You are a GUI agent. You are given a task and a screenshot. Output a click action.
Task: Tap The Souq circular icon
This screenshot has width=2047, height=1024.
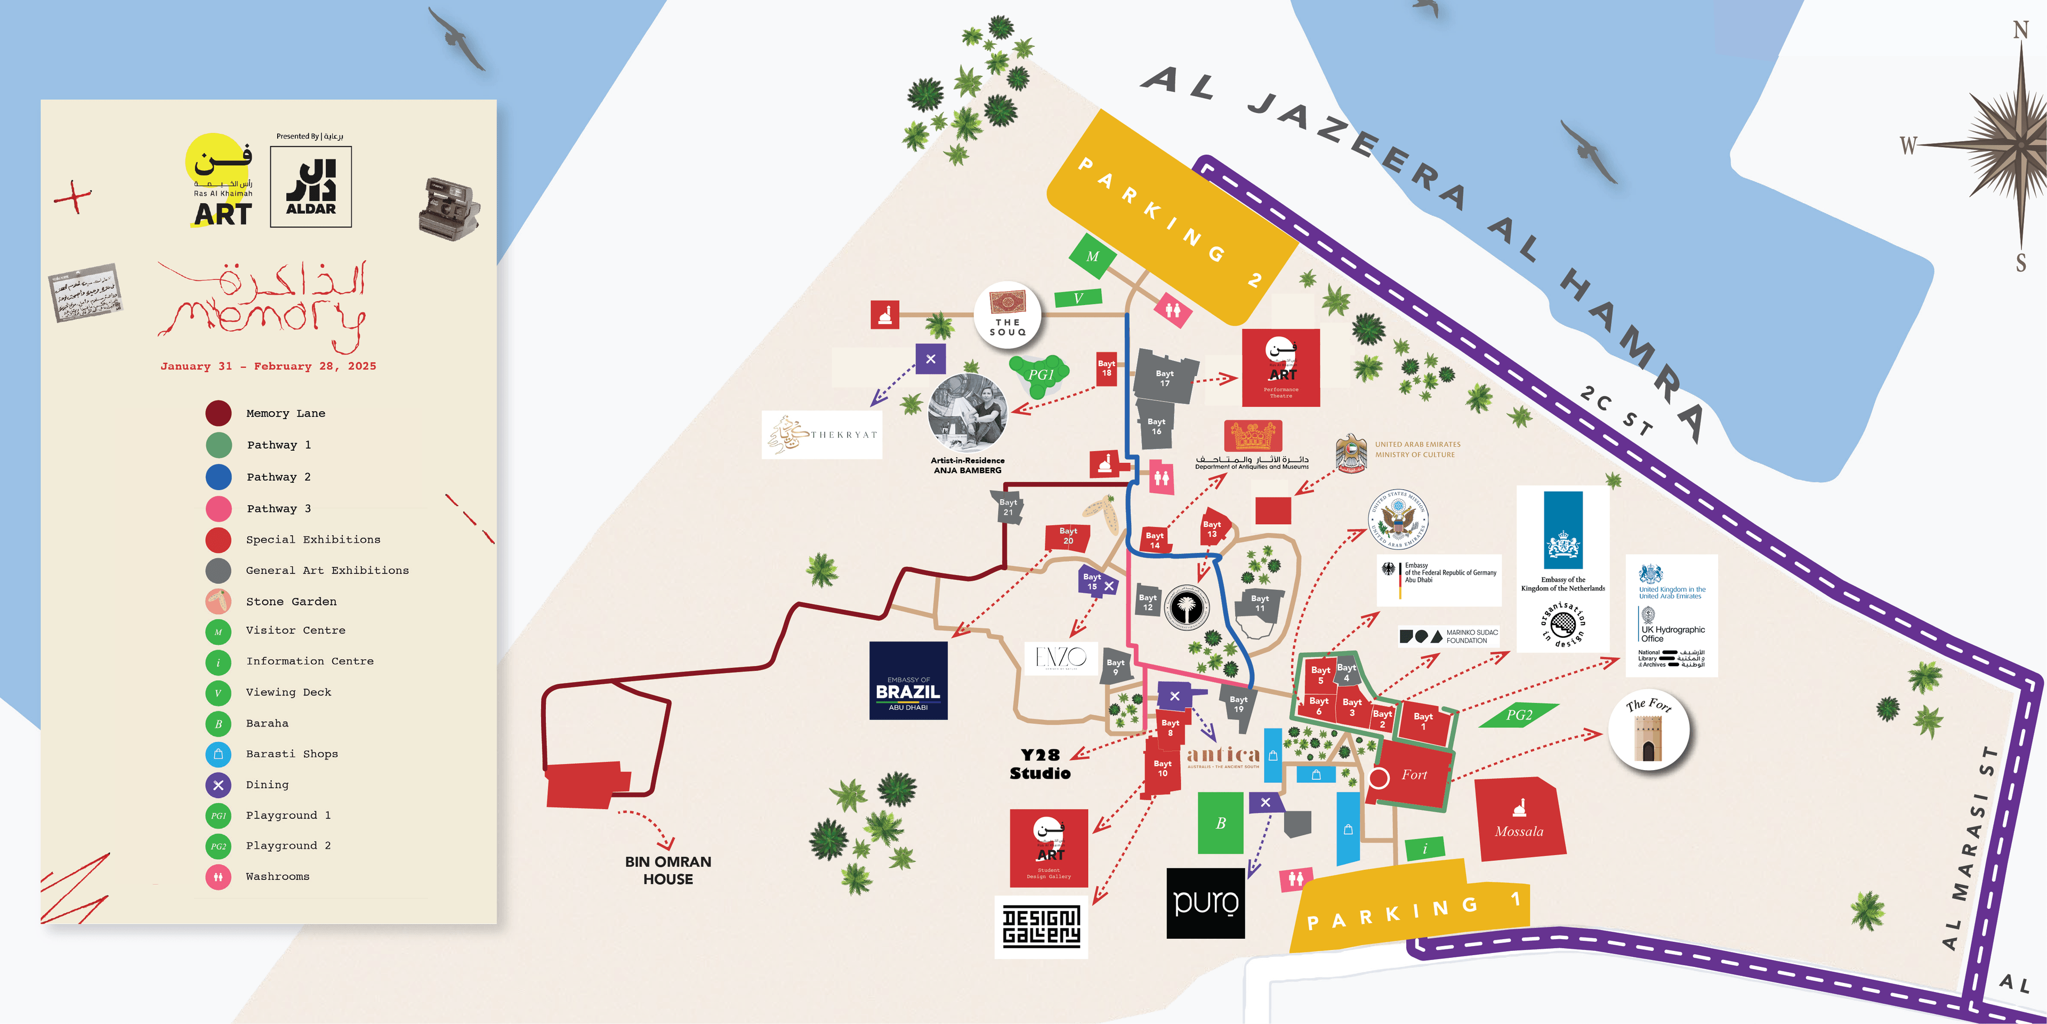pyautogui.click(x=1008, y=315)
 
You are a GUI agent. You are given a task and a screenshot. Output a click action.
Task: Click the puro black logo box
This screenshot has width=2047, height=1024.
pyautogui.click(x=1205, y=903)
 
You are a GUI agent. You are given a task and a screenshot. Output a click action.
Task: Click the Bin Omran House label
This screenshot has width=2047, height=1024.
pyautogui.click(x=667, y=870)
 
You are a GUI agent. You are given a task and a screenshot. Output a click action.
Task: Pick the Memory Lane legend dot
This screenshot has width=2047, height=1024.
pyautogui.click(x=219, y=413)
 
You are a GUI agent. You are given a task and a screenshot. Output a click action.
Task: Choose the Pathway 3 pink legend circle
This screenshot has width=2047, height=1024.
pyautogui.click(x=219, y=509)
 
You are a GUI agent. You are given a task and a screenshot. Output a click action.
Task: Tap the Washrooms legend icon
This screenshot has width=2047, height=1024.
pyautogui.click(x=219, y=877)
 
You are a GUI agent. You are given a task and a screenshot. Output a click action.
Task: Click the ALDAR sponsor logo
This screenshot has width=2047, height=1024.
pyautogui.click(x=311, y=187)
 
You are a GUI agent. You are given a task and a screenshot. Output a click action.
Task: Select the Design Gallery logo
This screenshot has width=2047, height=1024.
pyautogui.click(x=1041, y=926)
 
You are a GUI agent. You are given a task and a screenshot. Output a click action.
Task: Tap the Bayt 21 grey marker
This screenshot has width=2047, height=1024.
pyautogui.click(x=1008, y=507)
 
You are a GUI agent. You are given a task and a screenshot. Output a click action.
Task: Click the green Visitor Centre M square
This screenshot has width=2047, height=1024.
pyautogui.click(x=1093, y=256)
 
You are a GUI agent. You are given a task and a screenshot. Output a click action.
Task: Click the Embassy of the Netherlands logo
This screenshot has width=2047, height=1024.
pyautogui.click(x=1562, y=541)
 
